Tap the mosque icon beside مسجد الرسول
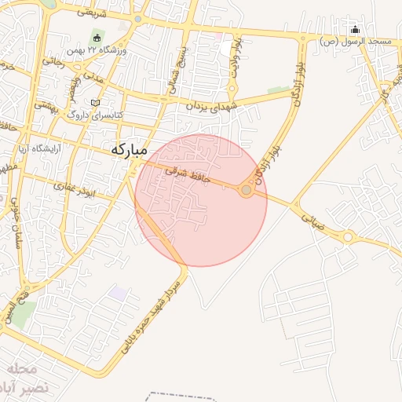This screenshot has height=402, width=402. point(354,30)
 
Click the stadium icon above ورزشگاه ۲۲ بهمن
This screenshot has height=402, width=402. point(97,37)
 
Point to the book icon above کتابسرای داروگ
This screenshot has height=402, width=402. point(95,103)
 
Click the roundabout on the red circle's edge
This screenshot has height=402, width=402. point(247,190)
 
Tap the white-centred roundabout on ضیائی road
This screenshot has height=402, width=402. point(347,236)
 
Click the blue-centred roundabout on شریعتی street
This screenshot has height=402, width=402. point(138,19)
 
